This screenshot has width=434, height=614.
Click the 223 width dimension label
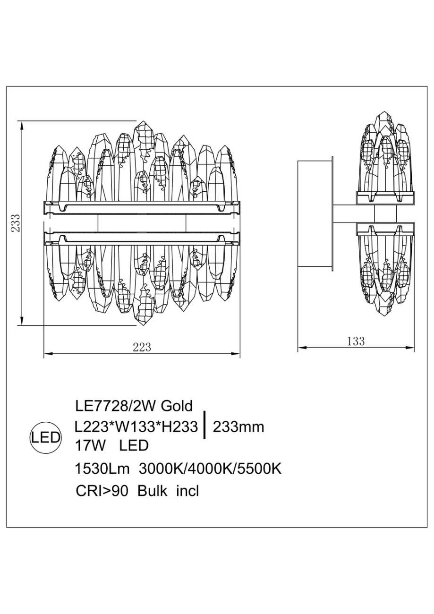(142, 348)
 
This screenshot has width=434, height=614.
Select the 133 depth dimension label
(356, 341)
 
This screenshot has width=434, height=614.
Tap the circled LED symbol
(46, 437)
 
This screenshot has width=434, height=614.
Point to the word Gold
(177, 406)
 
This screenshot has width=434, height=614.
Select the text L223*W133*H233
(136, 427)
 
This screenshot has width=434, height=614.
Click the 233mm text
(238, 427)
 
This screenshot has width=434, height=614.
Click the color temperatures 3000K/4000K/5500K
(210, 469)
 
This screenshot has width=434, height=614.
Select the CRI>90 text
(102, 491)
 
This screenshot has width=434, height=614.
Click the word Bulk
(153, 491)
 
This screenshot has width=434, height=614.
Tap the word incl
(187, 491)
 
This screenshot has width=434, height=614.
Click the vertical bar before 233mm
(204, 425)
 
